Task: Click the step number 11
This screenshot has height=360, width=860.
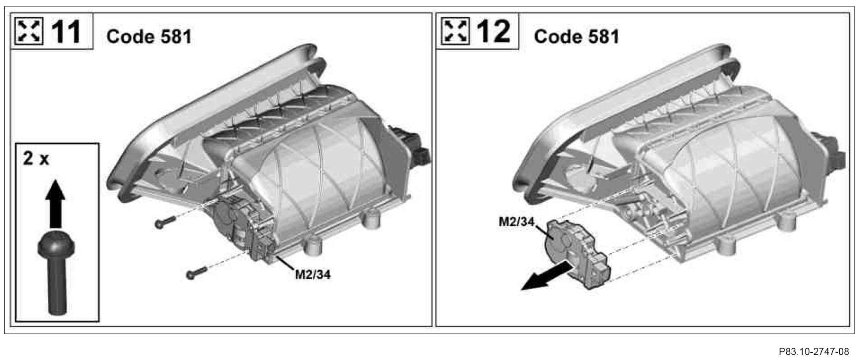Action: pos(66,32)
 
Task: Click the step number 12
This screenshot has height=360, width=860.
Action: pos(493,32)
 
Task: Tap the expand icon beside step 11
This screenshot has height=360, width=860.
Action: pos(29,31)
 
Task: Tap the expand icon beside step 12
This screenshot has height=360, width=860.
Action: pos(455,31)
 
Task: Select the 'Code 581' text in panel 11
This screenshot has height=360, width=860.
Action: pos(149,36)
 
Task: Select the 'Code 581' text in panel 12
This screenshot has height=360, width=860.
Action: pos(576,36)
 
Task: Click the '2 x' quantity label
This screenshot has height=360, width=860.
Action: pos(36,159)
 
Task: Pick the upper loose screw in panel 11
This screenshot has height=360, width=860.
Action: pos(165,222)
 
